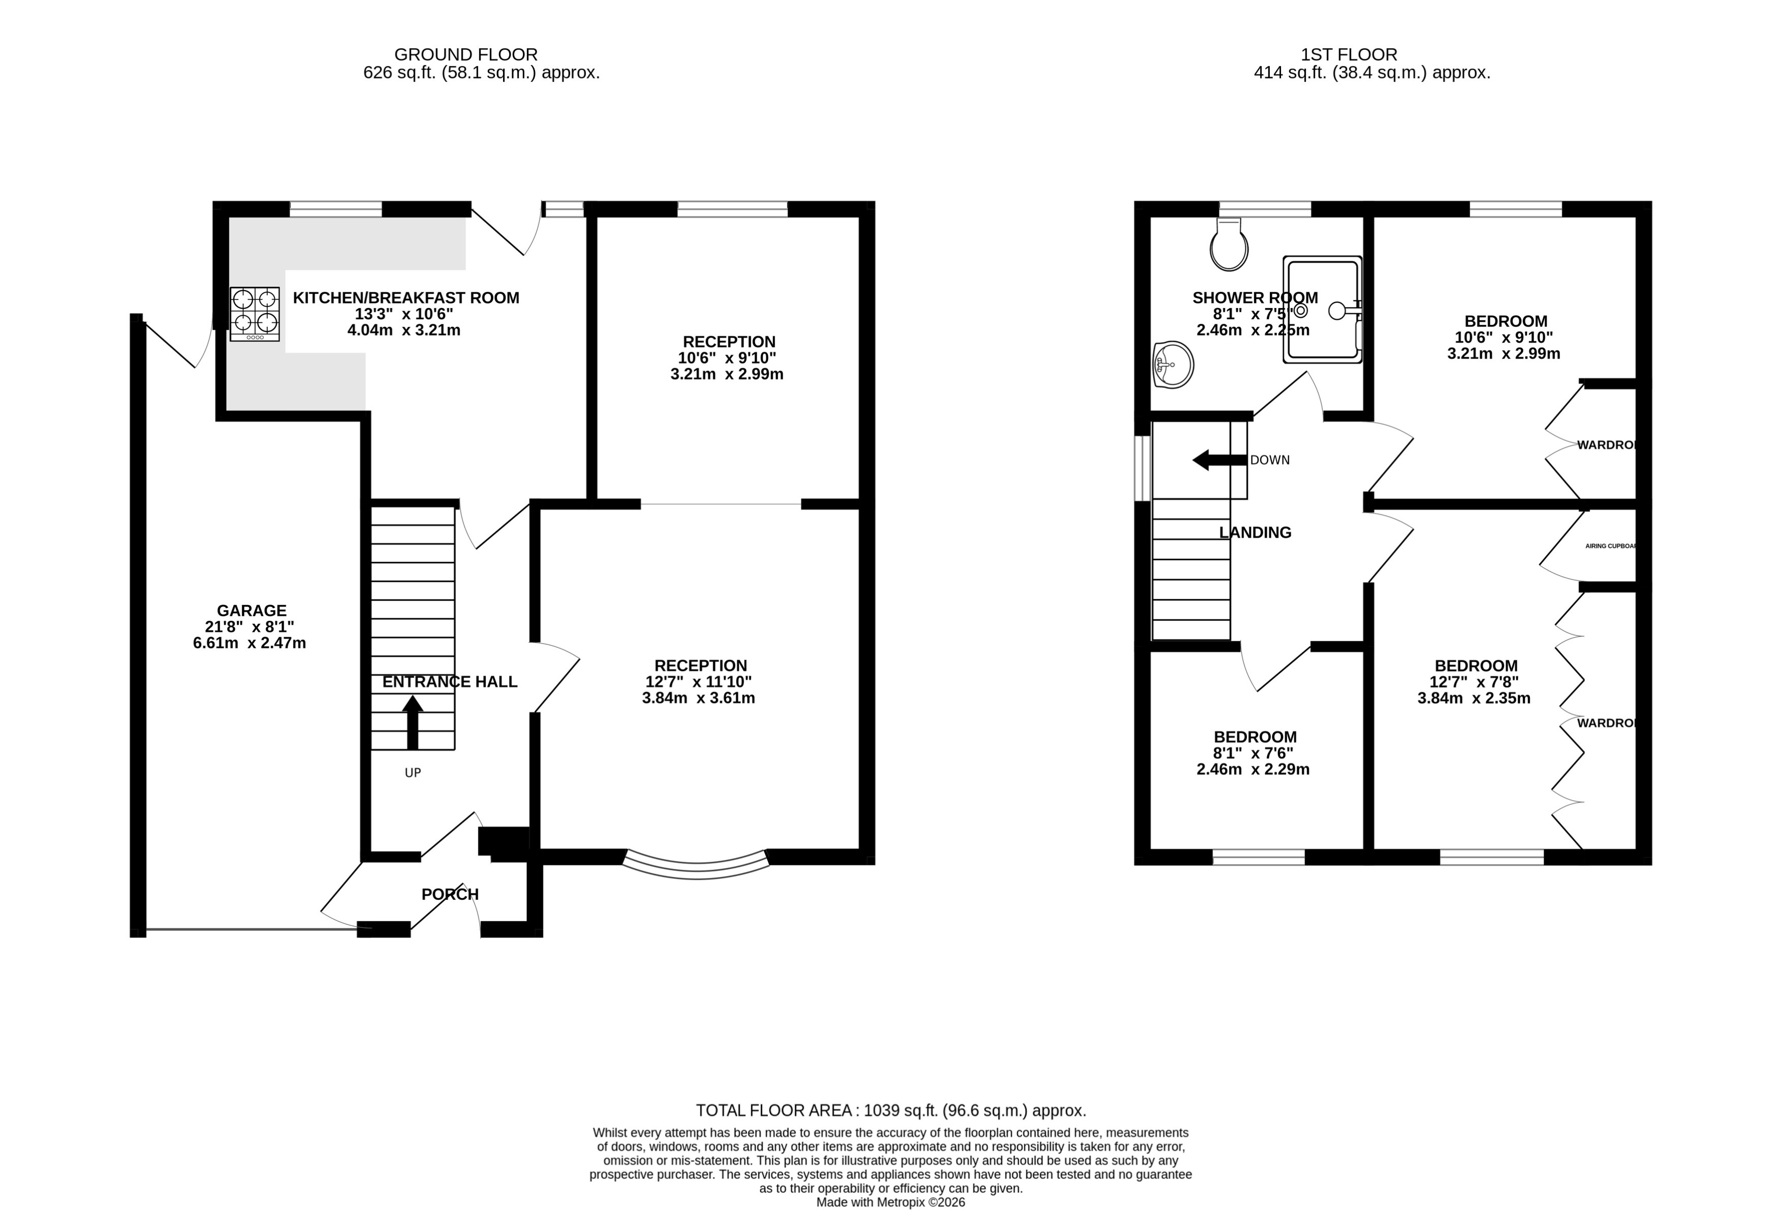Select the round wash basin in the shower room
click(x=1173, y=365)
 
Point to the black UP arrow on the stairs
click(x=412, y=722)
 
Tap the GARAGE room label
click(x=252, y=611)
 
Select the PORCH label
click(x=450, y=894)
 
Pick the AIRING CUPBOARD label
click(x=1610, y=546)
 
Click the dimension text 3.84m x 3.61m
click(x=699, y=698)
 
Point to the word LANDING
click(x=1255, y=532)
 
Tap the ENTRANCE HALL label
click(x=450, y=682)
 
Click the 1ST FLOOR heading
click(x=1349, y=54)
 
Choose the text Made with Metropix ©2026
click(x=890, y=1202)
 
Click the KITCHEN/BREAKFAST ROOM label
click(x=406, y=297)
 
